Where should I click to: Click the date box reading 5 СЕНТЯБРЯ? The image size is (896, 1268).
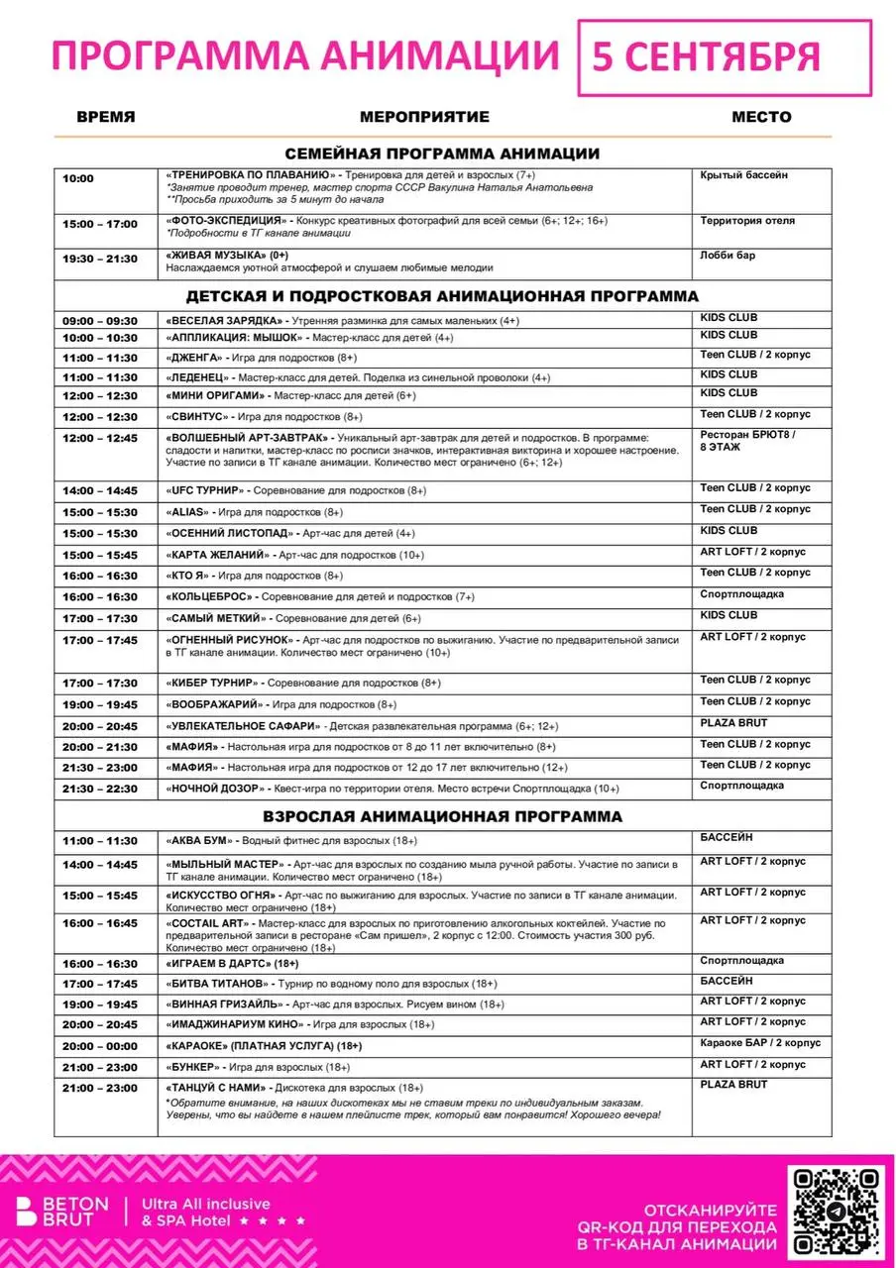(x=724, y=57)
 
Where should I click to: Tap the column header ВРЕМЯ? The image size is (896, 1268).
(x=106, y=117)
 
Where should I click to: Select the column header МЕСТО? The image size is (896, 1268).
(x=761, y=117)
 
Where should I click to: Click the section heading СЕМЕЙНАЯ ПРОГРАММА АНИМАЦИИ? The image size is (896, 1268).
(x=442, y=154)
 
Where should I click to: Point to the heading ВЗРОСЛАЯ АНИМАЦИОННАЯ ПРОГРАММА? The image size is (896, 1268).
(x=442, y=816)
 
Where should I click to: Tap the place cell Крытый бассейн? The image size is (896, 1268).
(x=743, y=175)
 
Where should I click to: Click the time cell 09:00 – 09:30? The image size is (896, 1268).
(x=100, y=321)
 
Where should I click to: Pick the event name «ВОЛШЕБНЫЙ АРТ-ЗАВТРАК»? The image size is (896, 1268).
(x=247, y=437)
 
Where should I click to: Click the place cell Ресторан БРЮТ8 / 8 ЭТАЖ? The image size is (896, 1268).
(x=748, y=441)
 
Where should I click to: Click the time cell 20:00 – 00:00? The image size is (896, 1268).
(x=100, y=1046)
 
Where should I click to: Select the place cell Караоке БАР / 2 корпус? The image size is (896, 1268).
(x=760, y=1043)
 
